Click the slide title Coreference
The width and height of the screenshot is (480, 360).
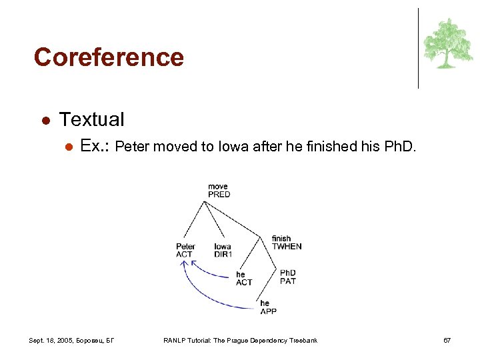(109, 57)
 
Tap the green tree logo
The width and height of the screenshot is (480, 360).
(447, 44)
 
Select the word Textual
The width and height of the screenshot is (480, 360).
(91, 120)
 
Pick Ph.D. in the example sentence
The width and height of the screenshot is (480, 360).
(400, 147)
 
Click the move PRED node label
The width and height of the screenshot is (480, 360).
(219, 191)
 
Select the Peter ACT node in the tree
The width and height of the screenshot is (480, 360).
(185, 250)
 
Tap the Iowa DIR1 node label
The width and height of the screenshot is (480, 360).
(223, 250)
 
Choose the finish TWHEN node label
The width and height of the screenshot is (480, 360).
(286, 243)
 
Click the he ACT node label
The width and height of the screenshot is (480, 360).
(244, 279)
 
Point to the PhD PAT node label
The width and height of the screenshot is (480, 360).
(288, 277)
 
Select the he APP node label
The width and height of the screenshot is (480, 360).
(268, 307)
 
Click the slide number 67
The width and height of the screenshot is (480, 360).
(447, 341)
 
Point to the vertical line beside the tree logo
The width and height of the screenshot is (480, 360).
(419, 48)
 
